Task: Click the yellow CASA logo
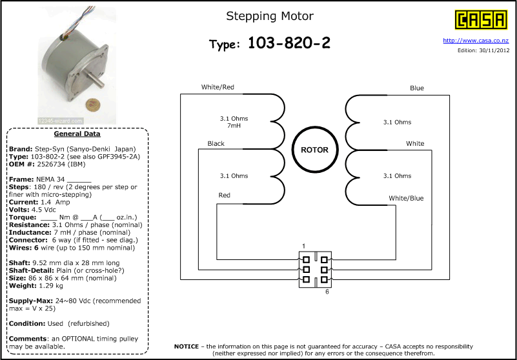[481, 20]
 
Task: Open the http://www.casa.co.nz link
[476, 41]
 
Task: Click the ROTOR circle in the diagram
[315, 150]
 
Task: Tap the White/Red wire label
[218, 87]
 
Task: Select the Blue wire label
[417, 88]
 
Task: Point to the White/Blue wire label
[406, 198]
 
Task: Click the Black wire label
[216, 143]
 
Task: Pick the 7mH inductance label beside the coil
[234, 126]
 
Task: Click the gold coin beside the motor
[92, 105]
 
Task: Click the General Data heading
[77, 134]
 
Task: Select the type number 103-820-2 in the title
[289, 43]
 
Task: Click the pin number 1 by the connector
[303, 246]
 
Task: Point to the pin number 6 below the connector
[327, 292]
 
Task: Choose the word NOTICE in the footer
[187, 346]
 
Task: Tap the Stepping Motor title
[270, 16]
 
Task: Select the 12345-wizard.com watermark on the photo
[60, 121]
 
